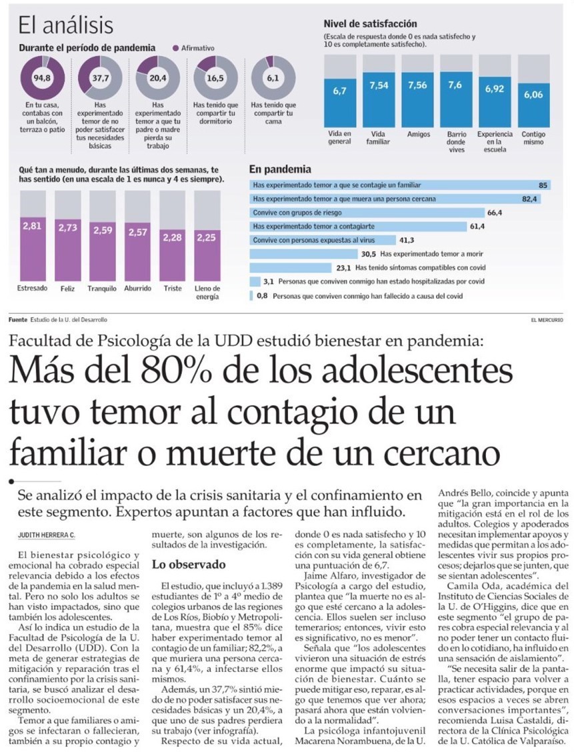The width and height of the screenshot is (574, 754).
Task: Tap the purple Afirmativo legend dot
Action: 176,49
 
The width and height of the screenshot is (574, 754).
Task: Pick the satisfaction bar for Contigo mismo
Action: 534,104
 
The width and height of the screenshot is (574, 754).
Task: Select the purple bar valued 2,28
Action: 173,255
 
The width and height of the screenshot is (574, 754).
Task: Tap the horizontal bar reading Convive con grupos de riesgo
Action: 367,213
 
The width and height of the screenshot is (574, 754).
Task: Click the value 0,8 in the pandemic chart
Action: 261,295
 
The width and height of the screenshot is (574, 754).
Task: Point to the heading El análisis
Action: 65,26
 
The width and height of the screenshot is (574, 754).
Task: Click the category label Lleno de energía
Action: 207,292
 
